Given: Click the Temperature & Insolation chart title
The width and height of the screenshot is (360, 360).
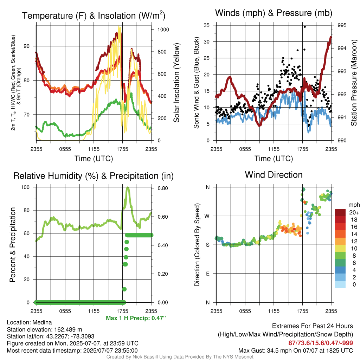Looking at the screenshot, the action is pos(94,15).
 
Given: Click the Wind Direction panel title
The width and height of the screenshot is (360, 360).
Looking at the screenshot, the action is pos(274,175).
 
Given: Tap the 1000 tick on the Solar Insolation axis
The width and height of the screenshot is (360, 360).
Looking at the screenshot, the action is pos(163,30).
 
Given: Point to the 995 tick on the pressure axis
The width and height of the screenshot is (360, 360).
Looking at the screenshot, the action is pos(342,25).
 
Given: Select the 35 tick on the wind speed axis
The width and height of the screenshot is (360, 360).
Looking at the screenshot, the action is pos(207,25).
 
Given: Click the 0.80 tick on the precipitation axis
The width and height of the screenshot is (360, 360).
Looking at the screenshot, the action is pos(163,188).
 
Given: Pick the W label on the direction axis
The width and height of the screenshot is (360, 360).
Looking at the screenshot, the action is pos(207,216).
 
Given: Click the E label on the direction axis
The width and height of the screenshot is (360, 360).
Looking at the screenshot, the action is pos(208,274).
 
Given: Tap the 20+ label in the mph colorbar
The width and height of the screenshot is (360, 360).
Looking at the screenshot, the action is pos(354,212).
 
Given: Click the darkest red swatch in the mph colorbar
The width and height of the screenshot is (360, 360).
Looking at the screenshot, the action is pos(340,212).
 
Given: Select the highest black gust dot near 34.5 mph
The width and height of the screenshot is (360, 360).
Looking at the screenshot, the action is pos(305,27).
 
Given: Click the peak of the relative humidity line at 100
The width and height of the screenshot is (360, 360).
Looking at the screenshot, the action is pos(128,188).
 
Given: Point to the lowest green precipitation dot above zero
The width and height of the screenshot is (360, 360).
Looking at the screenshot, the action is pos(124,289).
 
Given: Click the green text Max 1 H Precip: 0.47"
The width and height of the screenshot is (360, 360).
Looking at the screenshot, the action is pos(136,318).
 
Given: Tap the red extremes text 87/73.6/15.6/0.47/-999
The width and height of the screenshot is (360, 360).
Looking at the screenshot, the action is pos(321,343).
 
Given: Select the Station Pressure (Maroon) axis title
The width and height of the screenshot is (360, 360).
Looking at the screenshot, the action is pos(354,83).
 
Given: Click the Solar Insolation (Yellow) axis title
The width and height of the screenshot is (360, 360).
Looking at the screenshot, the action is pos(176,83).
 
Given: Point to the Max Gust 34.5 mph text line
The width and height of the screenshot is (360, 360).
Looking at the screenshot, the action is pos(296,351).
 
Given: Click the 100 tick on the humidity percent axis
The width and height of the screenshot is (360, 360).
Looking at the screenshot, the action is pos(25,187).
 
